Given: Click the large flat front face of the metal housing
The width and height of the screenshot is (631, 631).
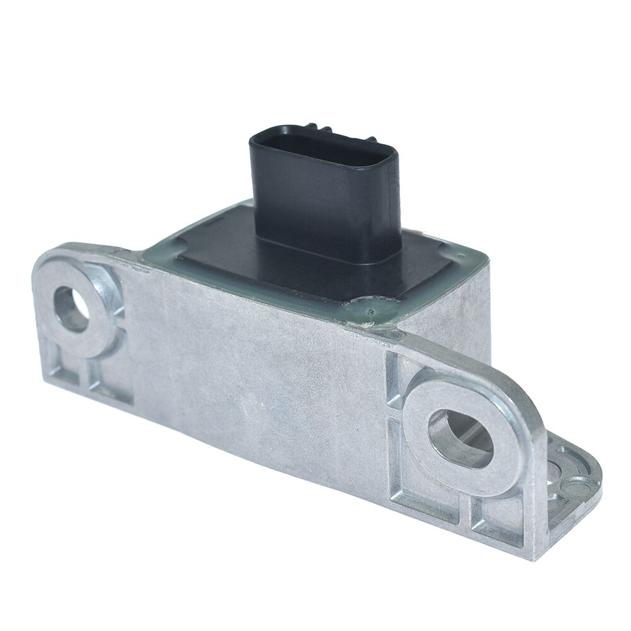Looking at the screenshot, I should [252, 379].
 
